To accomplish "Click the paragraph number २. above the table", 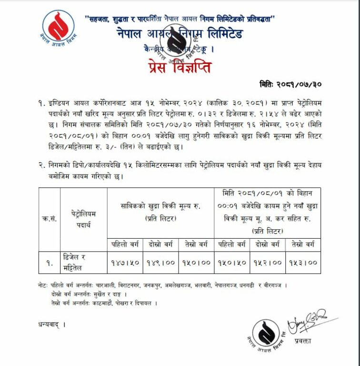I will pos(42,164).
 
